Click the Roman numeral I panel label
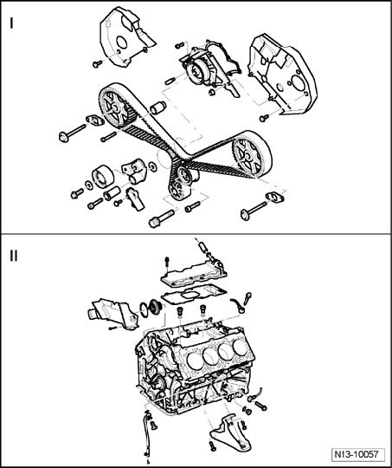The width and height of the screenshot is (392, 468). pos(11,23)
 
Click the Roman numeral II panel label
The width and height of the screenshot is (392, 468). pos(14,256)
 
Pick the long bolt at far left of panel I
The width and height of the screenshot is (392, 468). pos(72,133)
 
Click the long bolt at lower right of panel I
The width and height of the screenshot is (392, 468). pos(254,211)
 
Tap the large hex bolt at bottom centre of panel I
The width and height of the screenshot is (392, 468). pos(161,218)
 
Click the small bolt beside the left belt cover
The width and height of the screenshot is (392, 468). pos(97,64)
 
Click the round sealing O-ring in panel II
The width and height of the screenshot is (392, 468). pos(145,310)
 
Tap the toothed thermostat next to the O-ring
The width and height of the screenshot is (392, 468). pos(157,308)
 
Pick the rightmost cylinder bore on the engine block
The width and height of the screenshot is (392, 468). pos(240,348)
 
